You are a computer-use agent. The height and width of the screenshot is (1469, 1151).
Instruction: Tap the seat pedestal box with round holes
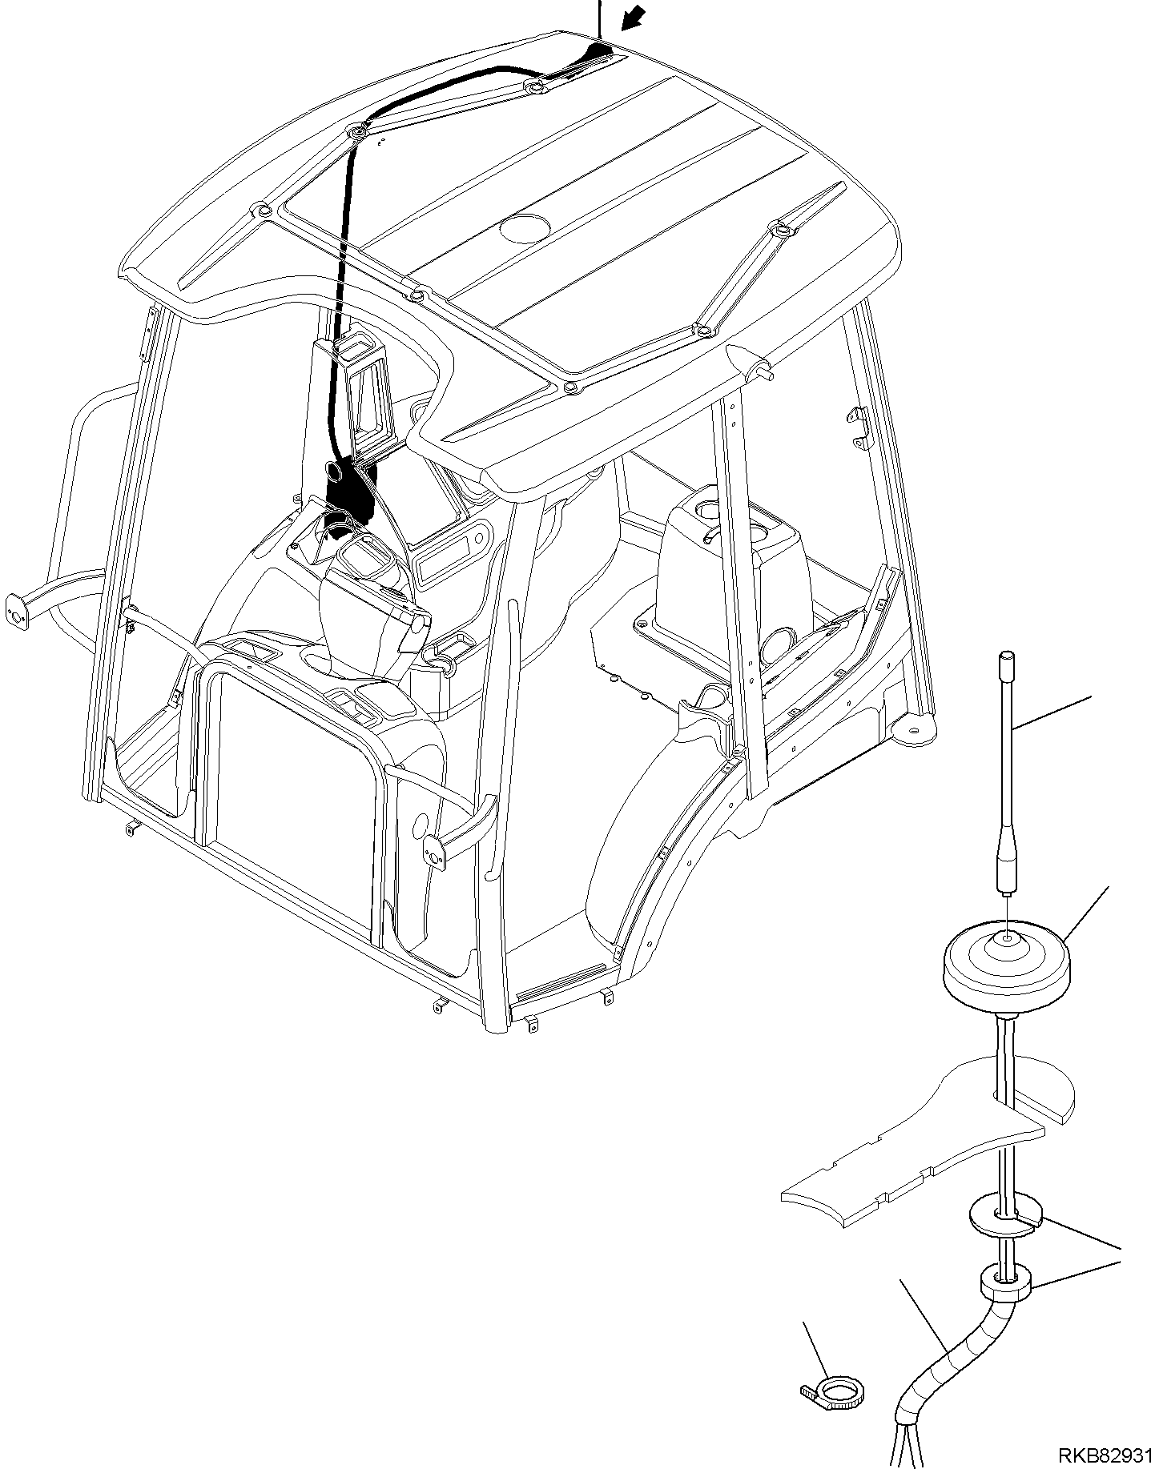[x=725, y=560]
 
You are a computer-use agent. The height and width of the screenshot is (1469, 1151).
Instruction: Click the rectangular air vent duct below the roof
[x=364, y=396]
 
